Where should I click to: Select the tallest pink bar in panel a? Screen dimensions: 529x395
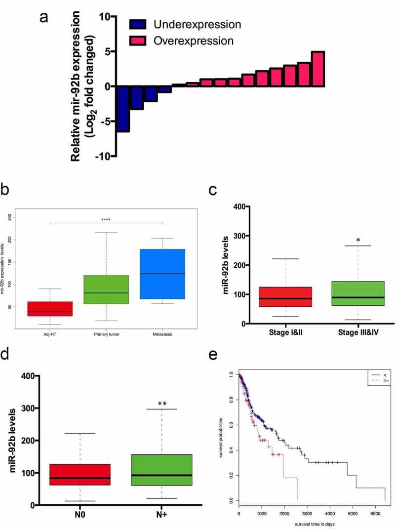coord(317,69)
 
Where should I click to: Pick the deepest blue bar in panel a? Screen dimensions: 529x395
coord(122,109)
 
